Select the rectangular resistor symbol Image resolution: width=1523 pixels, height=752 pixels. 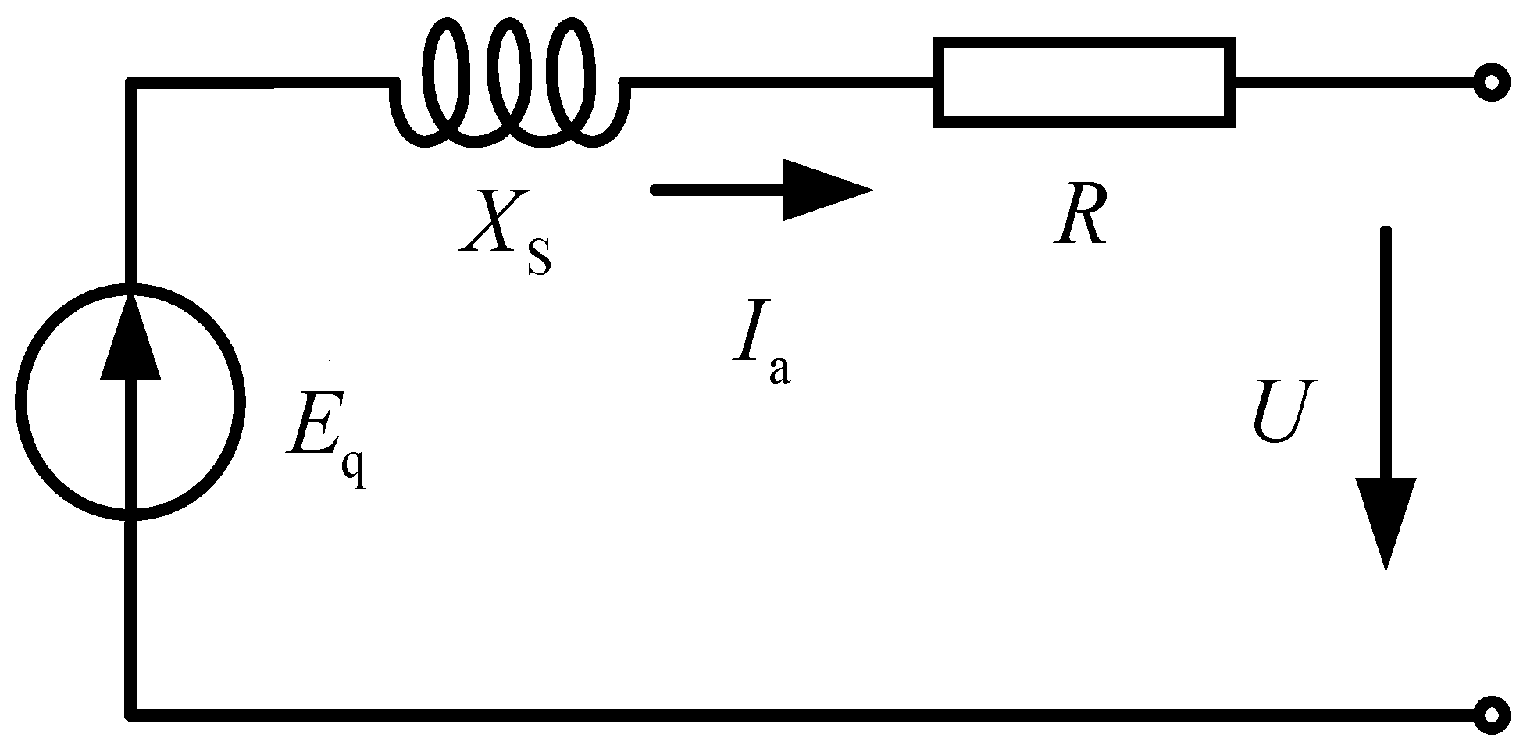tap(1083, 81)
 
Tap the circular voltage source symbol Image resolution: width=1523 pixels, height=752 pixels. tap(130, 401)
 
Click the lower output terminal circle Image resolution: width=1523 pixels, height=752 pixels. tap(1491, 715)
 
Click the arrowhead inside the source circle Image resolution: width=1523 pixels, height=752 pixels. tap(130, 336)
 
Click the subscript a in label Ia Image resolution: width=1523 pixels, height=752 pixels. tap(779, 370)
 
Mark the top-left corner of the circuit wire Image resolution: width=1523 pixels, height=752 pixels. tap(130, 81)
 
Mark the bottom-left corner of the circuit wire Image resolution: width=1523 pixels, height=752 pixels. tap(130, 714)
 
